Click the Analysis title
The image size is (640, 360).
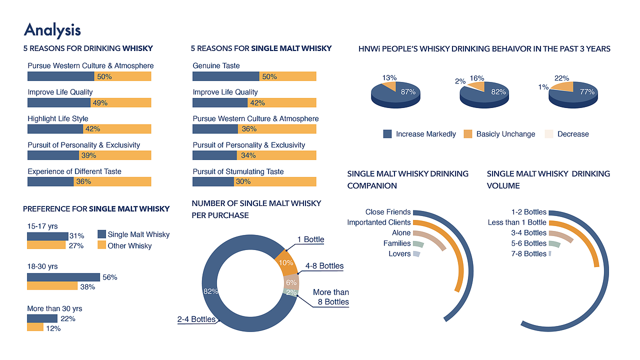click(x=52, y=30)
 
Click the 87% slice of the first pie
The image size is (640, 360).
click(x=402, y=92)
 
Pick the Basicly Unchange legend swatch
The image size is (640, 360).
click(x=467, y=134)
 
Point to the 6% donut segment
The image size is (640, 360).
click(x=291, y=282)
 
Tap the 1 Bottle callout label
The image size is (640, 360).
click(x=310, y=239)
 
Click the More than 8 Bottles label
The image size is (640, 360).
click(x=330, y=297)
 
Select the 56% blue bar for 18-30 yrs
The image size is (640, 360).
click(x=63, y=277)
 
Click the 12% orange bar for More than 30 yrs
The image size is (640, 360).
click(x=35, y=327)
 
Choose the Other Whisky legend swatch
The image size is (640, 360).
click(x=101, y=245)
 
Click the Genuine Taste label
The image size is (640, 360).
click(x=216, y=65)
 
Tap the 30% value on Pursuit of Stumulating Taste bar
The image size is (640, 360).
click(x=243, y=181)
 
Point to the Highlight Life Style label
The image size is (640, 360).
click(x=57, y=118)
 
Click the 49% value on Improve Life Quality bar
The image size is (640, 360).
click(x=100, y=103)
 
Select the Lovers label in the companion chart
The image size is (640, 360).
click(x=399, y=253)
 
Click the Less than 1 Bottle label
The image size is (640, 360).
click(x=517, y=222)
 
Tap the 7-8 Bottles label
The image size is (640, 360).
click(x=528, y=253)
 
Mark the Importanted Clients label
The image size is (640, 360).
click(x=378, y=222)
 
